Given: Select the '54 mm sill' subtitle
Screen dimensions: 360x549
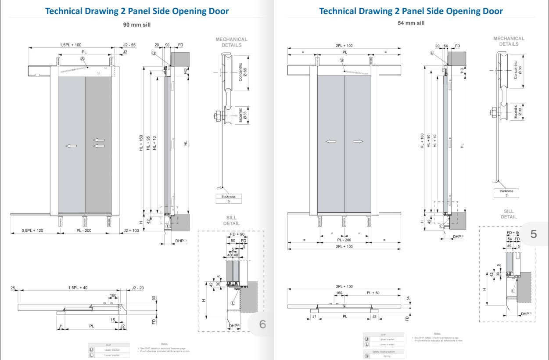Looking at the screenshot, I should tap(411, 22).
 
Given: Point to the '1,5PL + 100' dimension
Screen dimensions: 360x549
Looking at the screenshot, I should tap(71, 45).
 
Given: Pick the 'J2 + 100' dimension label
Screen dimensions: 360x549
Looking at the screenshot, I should tap(131, 230).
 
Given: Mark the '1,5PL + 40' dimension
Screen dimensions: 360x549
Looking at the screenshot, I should tap(78, 288).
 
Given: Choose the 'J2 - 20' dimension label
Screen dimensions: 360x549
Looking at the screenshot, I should tap(137, 288).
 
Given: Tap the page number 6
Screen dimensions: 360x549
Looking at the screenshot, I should tap(262, 324).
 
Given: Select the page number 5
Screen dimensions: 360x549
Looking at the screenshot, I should tap(534, 234).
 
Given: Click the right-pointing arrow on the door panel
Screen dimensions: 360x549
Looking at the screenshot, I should tap(358, 141).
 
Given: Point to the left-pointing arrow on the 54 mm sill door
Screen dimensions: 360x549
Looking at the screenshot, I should tap(330, 141).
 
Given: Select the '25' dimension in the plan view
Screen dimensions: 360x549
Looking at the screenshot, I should tap(13, 288).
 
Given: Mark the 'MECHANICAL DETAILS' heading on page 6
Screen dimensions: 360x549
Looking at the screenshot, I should tap(232, 42).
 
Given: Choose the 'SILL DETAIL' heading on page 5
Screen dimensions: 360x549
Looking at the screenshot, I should tap(509, 214).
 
